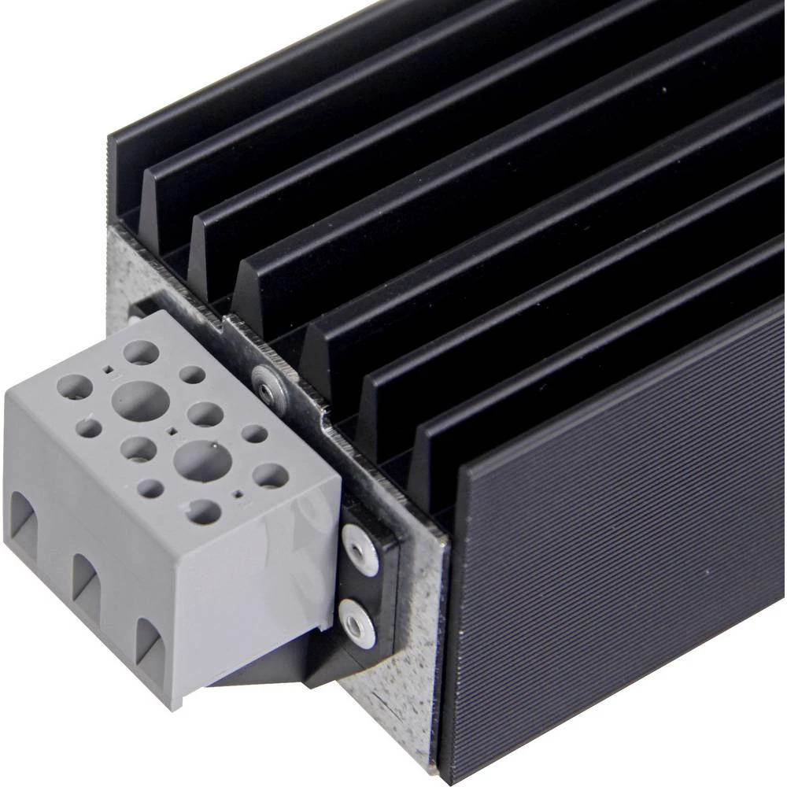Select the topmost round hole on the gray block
[x=141, y=352]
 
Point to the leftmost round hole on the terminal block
[x=75, y=387]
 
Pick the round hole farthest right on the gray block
[x=270, y=475]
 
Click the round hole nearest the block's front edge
[x=204, y=512]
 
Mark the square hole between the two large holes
[x=172, y=430]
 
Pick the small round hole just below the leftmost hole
[x=90, y=428]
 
